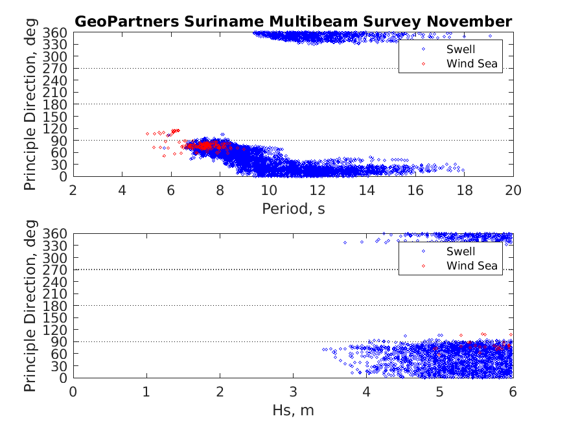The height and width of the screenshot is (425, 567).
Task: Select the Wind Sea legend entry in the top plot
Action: point(472,63)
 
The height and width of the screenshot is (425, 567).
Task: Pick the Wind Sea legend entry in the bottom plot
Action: point(472,266)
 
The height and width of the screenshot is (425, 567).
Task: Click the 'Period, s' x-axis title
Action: point(293,208)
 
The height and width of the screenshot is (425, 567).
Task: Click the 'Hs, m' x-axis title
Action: point(293,409)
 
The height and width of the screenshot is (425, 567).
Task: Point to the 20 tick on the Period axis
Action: point(513,190)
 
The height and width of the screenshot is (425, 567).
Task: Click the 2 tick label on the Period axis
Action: point(73,190)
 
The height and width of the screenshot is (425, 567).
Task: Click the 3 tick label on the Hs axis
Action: point(293,391)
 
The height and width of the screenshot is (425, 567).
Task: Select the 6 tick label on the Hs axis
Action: point(513,391)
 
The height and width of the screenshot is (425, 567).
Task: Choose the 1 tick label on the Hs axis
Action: point(146,391)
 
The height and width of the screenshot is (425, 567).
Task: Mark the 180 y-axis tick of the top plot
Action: point(57,104)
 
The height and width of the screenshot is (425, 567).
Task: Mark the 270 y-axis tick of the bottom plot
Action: point(57,270)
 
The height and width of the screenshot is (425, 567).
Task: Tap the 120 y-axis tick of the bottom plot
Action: point(57,330)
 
